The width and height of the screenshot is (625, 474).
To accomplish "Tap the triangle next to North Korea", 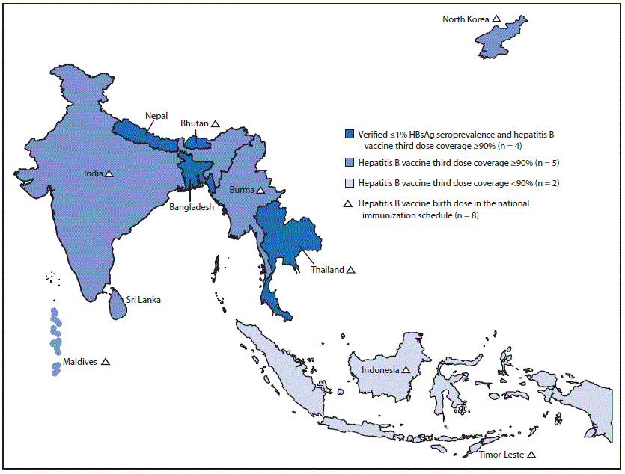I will pyautogui.click(x=497, y=19).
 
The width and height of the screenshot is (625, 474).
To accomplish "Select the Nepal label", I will pyautogui.click(x=156, y=116).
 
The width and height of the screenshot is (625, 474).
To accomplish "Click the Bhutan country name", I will pyautogui.click(x=194, y=123).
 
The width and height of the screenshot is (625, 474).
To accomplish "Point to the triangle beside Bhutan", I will pyautogui.click(x=215, y=123).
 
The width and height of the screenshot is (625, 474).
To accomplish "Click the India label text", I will pyautogui.click(x=93, y=173).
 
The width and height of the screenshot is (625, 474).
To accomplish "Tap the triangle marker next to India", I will pyautogui.click(x=109, y=173).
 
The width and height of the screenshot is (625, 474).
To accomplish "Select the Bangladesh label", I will pyautogui.click(x=190, y=207).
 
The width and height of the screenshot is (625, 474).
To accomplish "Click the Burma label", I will pyautogui.click(x=242, y=191).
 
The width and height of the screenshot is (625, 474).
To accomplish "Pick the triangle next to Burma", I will pyautogui.click(x=261, y=191).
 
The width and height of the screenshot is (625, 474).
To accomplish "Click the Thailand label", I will pyautogui.click(x=328, y=270).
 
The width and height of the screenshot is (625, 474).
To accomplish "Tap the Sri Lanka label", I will pyautogui.click(x=144, y=300).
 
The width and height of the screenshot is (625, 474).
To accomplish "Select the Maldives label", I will pyautogui.click(x=80, y=362).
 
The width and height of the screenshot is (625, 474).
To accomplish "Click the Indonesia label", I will pyautogui.click(x=380, y=369).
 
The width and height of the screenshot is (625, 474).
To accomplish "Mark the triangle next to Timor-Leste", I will pyautogui.click(x=531, y=455).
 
